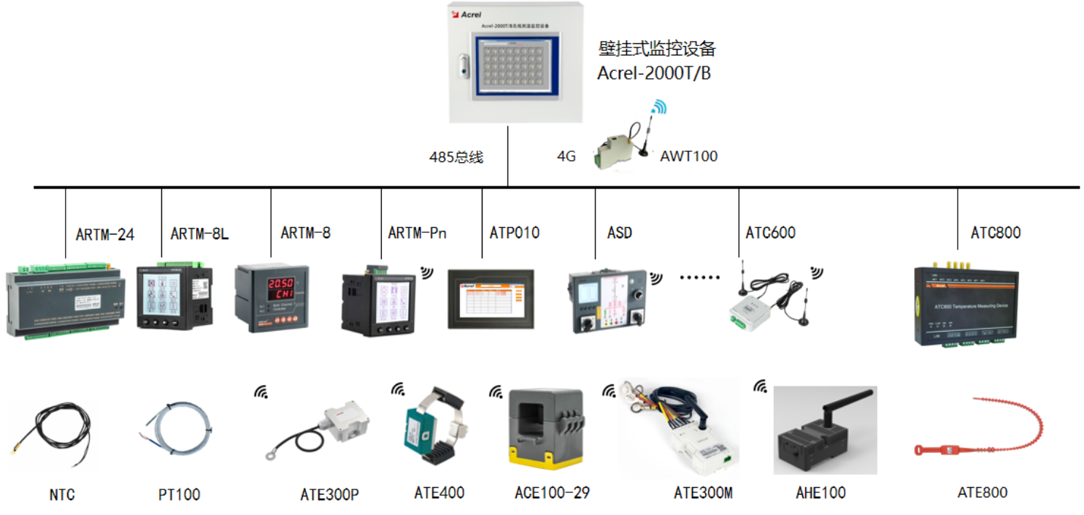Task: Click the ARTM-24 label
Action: point(105,234)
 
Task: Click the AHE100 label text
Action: point(820,492)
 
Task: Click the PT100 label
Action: point(179,495)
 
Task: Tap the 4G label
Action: point(566,156)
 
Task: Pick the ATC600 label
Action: point(770,233)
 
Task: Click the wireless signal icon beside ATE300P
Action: point(261,392)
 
